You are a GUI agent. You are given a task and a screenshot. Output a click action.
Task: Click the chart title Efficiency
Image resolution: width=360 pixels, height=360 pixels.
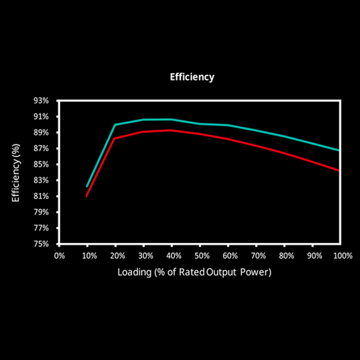click(192, 77)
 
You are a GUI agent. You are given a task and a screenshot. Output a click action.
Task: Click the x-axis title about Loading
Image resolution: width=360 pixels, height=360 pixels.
click(194, 272)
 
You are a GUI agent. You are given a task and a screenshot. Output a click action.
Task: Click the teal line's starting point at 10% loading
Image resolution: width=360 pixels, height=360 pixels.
click(87, 187)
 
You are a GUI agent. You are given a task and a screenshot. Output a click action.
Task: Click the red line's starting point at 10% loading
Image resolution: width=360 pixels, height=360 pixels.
click(87, 196)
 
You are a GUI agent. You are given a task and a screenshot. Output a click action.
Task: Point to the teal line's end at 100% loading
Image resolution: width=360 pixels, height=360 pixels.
click(340, 150)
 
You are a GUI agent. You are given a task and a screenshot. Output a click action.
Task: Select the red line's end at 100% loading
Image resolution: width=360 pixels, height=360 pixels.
click(340, 170)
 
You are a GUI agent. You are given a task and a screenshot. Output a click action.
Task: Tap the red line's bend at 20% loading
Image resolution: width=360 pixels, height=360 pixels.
click(115, 139)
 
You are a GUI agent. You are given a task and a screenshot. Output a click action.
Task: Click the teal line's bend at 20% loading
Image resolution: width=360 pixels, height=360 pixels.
click(115, 125)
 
